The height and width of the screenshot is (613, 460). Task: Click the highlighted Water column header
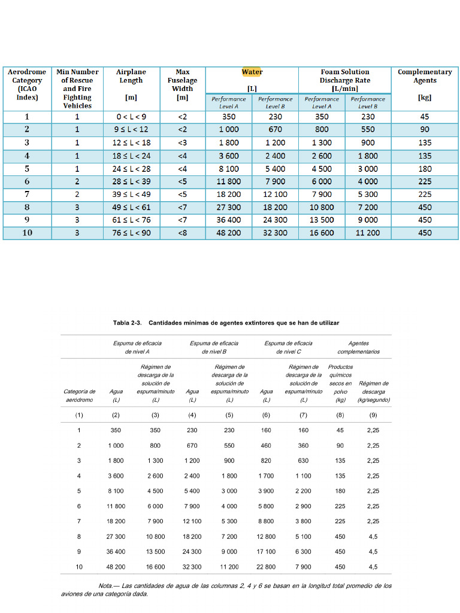tap(252, 72)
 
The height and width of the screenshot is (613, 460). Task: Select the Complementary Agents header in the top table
tap(425, 76)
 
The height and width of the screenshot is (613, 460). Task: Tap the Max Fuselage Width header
tap(183, 84)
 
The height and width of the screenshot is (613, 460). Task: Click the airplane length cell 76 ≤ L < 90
tap(131, 233)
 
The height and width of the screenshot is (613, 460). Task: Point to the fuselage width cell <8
tap(183, 233)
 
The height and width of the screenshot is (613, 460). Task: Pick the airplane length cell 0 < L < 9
tap(131, 117)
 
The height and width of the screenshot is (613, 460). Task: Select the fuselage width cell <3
tap(183, 143)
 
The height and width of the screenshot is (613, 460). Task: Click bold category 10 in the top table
tap(27, 233)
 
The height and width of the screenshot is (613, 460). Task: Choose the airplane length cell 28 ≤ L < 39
tap(131, 181)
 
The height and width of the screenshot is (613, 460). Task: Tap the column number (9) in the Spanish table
tap(373, 415)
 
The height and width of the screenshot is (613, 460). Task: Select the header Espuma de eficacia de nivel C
tap(288, 347)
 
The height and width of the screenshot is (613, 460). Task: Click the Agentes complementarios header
tap(358, 347)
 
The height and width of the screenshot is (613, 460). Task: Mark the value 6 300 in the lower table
tap(304, 551)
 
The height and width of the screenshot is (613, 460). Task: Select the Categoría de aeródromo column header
tap(79, 396)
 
